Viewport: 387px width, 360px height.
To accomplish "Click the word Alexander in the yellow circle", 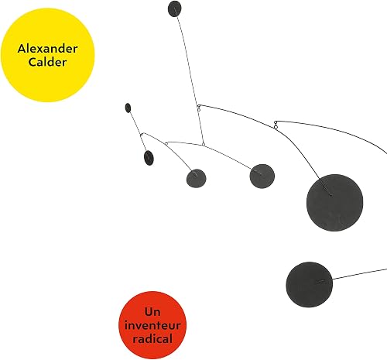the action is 47,49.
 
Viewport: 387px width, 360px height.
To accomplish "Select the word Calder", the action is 47,62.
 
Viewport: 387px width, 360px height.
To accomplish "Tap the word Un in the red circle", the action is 152,312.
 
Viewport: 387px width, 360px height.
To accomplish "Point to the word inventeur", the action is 152,325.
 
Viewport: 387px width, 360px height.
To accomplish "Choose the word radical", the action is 152,338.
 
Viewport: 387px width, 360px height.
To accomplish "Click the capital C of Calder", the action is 33,62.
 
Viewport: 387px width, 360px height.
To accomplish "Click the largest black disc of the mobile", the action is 334,203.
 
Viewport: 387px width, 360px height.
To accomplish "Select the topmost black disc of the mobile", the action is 174,9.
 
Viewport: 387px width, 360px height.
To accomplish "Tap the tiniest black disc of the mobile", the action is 128,108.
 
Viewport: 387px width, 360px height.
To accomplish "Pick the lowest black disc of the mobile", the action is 309,285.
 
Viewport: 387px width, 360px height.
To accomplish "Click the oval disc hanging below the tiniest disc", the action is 149,158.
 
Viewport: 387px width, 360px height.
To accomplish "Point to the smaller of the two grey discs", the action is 196,178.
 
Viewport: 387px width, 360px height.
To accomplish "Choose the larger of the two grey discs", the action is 262,177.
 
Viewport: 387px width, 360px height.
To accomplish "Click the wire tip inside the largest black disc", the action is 330,195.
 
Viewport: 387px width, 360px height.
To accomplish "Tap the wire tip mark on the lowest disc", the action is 320,282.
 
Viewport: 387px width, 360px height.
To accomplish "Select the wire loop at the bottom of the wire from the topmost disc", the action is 204,144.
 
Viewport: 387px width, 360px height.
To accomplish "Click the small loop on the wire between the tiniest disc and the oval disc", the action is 141,135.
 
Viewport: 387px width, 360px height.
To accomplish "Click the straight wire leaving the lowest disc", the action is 360,274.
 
